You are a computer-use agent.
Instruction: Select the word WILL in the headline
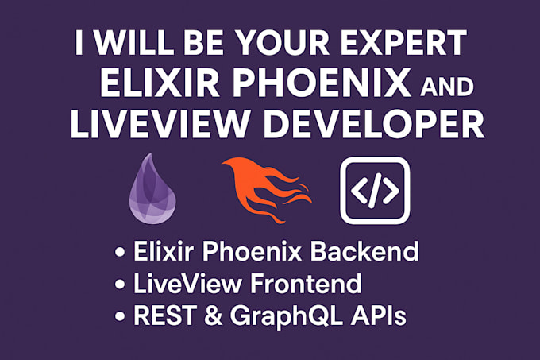click(x=133, y=42)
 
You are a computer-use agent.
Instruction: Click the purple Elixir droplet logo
click(x=152, y=189)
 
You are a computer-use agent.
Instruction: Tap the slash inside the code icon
click(x=376, y=191)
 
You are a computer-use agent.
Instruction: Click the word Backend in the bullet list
click(x=364, y=251)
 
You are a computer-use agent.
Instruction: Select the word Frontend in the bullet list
click(x=306, y=284)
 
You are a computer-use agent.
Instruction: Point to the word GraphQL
click(x=286, y=317)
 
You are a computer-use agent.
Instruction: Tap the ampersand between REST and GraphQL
click(x=214, y=315)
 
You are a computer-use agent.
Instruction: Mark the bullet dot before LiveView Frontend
click(x=120, y=285)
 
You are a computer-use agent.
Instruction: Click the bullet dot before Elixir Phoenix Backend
click(x=120, y=253)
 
